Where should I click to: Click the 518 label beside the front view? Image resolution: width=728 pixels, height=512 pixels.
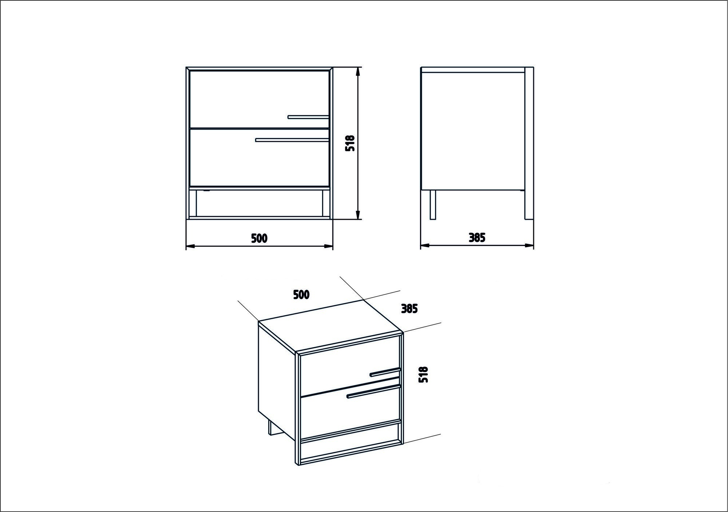pos(350,143)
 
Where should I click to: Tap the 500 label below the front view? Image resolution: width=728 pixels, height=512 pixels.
pos(259,238)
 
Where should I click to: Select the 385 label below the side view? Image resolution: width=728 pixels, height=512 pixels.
pos(477,238)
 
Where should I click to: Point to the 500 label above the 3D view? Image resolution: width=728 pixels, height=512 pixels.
pos(301,294)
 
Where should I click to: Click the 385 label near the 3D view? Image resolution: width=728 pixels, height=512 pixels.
pos(409,309)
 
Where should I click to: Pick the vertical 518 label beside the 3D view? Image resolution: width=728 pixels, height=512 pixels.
pos(423,374)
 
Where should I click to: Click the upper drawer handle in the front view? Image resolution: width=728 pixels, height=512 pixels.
pos(308,117)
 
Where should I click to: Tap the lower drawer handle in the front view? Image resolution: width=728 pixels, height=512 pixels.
pos(292,139)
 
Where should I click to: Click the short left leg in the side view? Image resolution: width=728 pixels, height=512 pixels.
pos(433,205)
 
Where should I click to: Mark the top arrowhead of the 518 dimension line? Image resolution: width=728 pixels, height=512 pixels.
pos(358,72)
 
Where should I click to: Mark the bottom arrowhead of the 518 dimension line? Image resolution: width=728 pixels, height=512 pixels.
pos(358,215)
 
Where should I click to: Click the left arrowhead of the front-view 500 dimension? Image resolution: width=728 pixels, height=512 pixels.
pos(191,246)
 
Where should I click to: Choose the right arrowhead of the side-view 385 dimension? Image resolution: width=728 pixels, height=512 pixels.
pos(529,246)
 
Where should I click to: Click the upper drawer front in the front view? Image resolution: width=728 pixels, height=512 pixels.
pos(259,99)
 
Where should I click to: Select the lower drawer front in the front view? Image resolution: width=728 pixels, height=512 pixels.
pos(259,158)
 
